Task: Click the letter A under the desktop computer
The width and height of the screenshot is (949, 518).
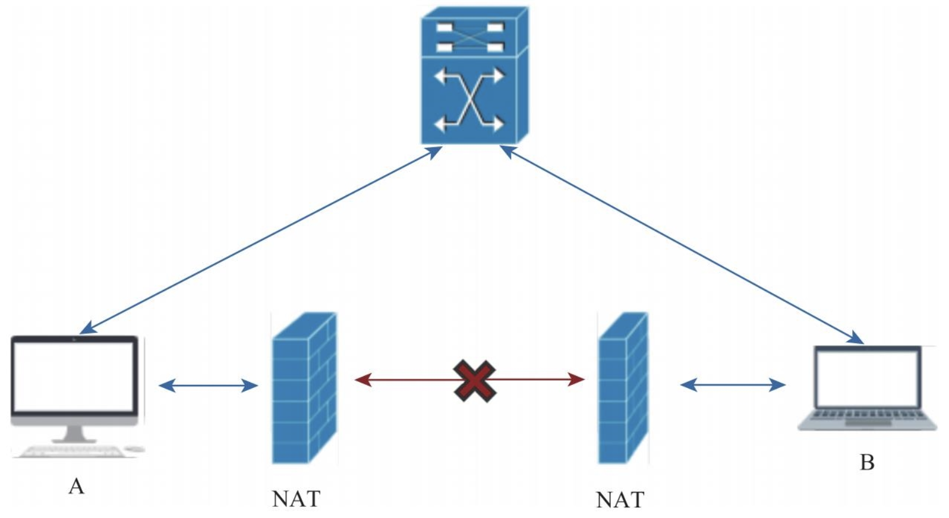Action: coord(76,487)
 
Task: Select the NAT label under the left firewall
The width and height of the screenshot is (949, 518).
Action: coord(296,499)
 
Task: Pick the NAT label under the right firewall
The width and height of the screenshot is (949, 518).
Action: coord(620,500)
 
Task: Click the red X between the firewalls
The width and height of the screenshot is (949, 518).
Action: coord(474,380)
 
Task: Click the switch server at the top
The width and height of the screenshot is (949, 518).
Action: coord(474,76)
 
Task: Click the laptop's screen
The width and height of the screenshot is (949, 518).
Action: coord(867,378)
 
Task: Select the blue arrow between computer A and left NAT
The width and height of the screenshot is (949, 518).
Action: coord(209,386)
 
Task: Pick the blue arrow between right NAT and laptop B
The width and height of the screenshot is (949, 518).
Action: coord(732,385)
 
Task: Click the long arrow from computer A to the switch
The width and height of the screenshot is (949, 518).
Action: coord(261,240)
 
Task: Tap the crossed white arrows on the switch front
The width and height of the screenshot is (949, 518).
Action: coord(469,100)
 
